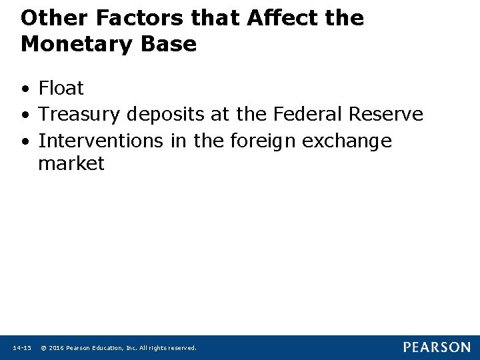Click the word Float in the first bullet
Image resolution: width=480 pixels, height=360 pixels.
pos(61,88)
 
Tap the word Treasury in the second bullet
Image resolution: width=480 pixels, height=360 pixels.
pos(81,115)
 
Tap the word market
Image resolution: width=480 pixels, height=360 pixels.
pos(71,164)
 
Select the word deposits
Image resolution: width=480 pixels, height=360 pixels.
pos(165,115)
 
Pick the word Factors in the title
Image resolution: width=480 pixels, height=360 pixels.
pos(129,18)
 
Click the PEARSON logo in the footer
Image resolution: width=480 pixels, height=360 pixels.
pos(436,347)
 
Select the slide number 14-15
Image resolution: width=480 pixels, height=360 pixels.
pos(22,348)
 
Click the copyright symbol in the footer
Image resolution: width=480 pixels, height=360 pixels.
pos(43,348)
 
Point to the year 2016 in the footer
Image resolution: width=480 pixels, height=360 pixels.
pos(55,348)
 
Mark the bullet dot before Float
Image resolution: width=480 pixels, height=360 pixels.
pos(25,89)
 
